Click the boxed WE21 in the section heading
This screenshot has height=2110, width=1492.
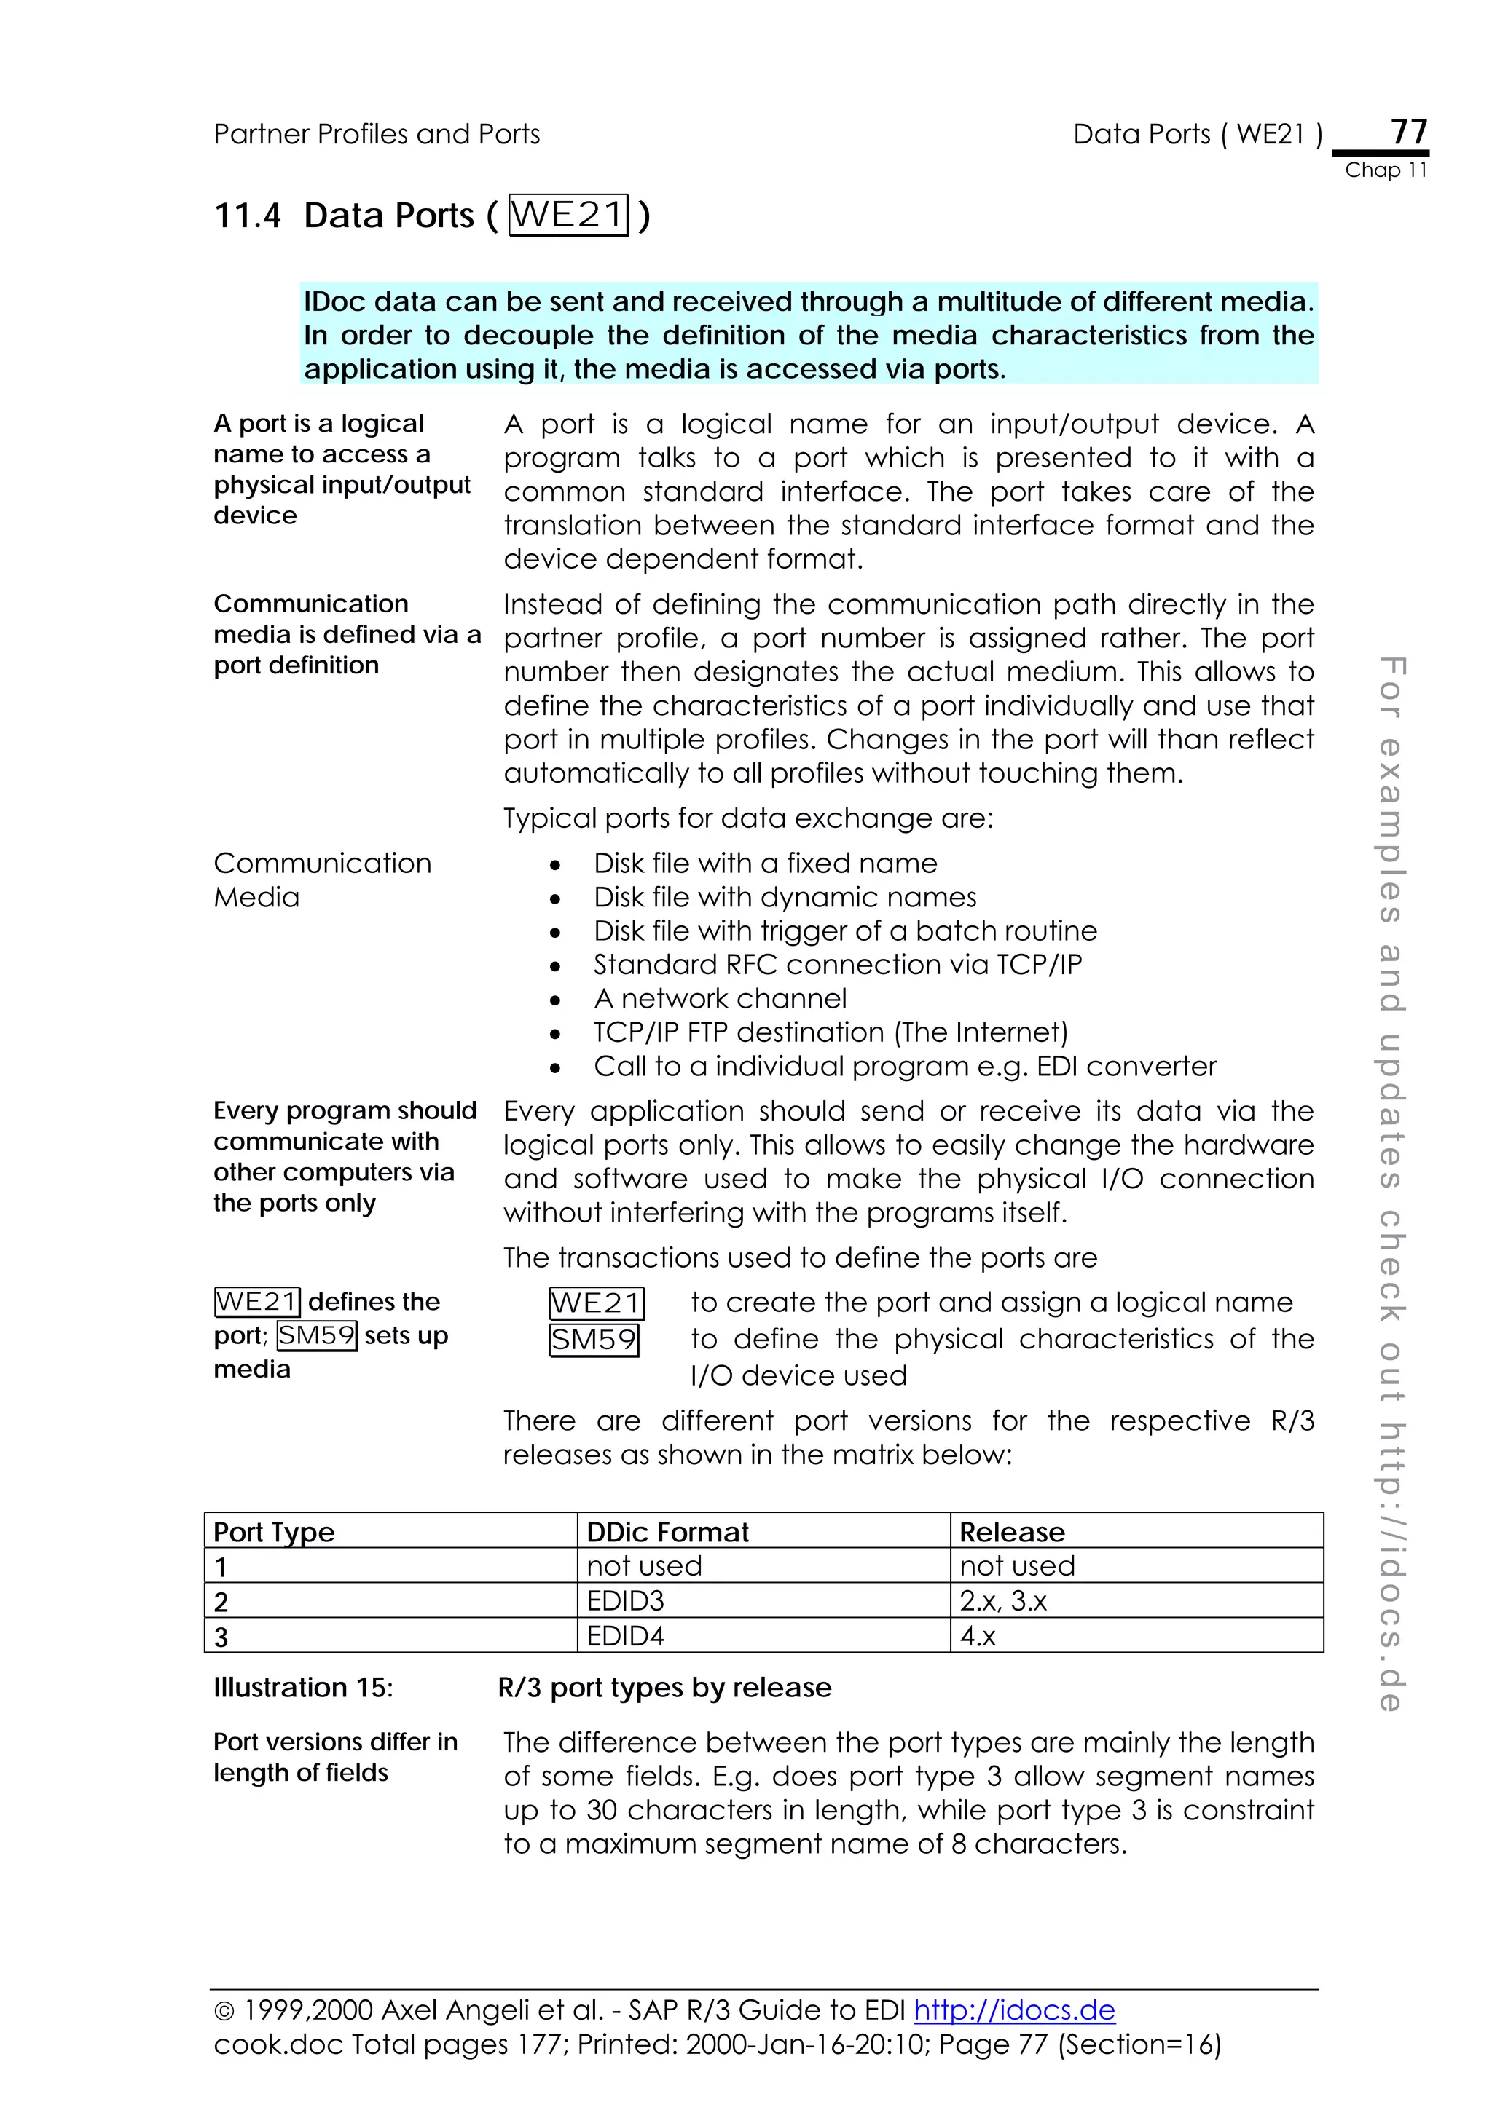click(x=568, y=214)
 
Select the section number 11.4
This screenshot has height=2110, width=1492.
click(x=246, y=216)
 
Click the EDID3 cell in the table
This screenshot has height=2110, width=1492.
click(x=625, y=1601)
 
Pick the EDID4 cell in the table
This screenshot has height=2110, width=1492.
click(x=625, y=1636)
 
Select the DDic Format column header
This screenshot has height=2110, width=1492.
click(x=667, y=1532)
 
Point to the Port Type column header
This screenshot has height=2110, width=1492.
click(x=274, y=1532)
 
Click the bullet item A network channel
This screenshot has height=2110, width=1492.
click(x=720, y=998)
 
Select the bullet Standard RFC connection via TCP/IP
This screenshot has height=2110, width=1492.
click(x=838, y=964)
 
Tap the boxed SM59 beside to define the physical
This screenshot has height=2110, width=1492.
click(x=594, y=1339)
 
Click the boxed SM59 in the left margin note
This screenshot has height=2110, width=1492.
click(x=316, y=1335)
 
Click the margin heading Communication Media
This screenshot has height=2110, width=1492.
click(x=322, y=880)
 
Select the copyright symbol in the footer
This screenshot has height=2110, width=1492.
click(x=224, y=2012)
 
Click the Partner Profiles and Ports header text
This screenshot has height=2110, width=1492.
click(x=376, y=134)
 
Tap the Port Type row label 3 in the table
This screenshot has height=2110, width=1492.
click(x=221, y=1637)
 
